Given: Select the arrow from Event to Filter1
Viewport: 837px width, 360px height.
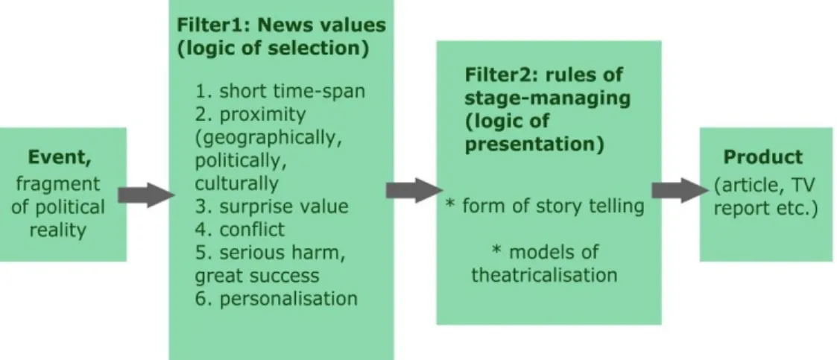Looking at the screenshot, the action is pos(145,195).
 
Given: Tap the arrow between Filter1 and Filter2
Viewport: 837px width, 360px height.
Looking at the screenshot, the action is pos(413,191).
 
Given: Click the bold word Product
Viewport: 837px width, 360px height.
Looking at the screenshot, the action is pos(762,157).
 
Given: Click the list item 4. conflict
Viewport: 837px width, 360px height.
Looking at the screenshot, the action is pos(239,229).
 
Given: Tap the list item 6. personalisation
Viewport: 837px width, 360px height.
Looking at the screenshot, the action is pos(276,298).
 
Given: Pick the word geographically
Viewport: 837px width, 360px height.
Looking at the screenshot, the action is pos(268,138).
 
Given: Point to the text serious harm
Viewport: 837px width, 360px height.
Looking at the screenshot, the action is pos(282,252).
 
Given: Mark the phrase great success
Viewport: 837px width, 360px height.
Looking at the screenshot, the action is pos(256,276).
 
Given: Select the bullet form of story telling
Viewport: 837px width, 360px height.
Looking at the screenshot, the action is pos(545,206).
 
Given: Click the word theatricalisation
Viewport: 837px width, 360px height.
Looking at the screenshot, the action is pos(545,275).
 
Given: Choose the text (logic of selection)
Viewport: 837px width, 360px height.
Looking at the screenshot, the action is pos(273,48).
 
